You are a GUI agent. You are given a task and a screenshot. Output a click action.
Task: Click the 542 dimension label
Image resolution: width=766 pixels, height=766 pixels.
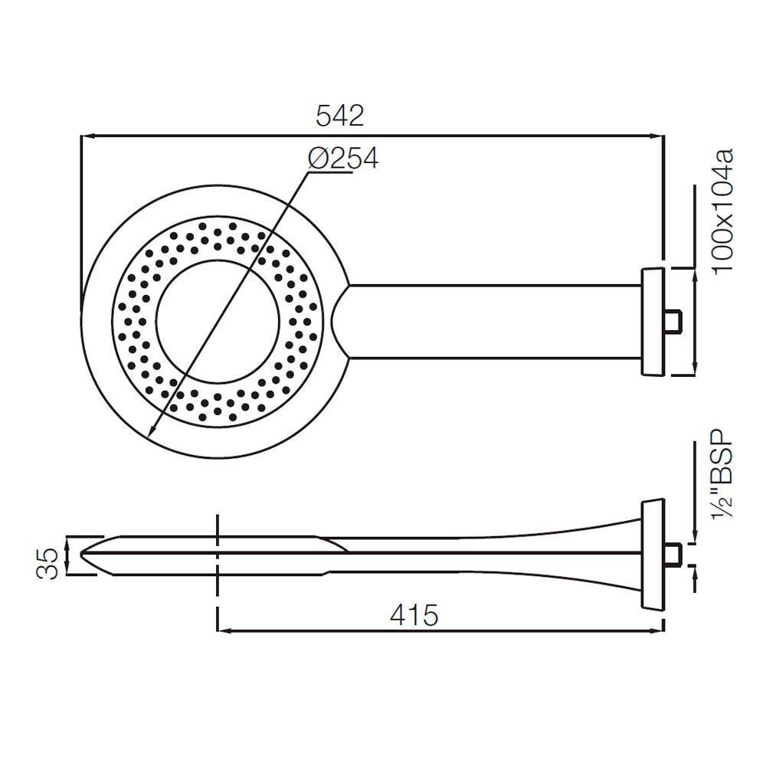pos(340,116)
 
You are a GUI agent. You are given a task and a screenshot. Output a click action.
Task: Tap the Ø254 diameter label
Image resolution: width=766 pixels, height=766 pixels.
pos(343,158)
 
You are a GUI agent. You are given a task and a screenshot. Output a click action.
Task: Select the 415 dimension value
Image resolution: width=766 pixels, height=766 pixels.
pos(414,615)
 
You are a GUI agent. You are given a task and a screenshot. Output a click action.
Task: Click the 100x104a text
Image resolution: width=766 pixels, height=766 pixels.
pos(722,212)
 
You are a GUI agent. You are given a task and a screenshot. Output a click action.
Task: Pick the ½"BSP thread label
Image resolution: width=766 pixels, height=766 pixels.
pos(722,474)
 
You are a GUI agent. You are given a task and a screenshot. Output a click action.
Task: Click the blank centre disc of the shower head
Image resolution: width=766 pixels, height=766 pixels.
pos(218,322)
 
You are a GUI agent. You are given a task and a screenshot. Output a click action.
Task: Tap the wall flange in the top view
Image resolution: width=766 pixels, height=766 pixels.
pos(653,322)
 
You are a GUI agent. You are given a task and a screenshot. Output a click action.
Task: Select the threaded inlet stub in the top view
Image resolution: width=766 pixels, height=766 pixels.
pos(673,322)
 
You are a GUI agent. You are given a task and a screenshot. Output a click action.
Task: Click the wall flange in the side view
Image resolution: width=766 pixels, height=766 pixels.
pos(653,555)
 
